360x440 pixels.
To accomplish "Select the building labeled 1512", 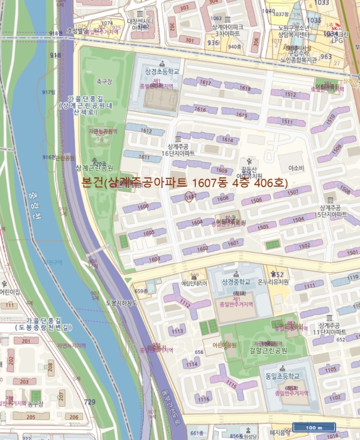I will pos(290,95).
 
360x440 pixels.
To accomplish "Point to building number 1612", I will pos(146,131).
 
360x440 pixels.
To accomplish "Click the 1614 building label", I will pos(227,140).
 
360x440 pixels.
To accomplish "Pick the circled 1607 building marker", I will pos(191,197).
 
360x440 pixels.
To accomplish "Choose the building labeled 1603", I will pos(155,259).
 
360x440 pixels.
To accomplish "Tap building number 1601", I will pos(234,243).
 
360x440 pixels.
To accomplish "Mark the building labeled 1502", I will pos(305,245).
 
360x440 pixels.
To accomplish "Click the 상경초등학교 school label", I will pos(162,72).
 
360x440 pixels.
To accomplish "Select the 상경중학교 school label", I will pos(232,282).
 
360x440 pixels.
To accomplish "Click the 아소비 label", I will pos(295,168).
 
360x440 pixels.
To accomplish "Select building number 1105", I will pos(330,370).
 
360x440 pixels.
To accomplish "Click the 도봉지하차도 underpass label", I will pos(121,303).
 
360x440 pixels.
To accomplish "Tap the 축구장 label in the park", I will pos(104,81).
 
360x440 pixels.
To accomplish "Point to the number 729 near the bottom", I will pos(90,402).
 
